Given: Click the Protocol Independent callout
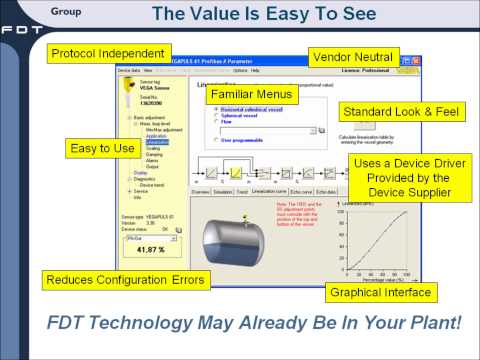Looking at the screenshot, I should (109, 53).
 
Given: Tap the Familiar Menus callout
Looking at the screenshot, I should (257, 94).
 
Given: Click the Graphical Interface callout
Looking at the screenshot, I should (381, 292).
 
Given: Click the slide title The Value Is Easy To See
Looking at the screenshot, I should (262, 15).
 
